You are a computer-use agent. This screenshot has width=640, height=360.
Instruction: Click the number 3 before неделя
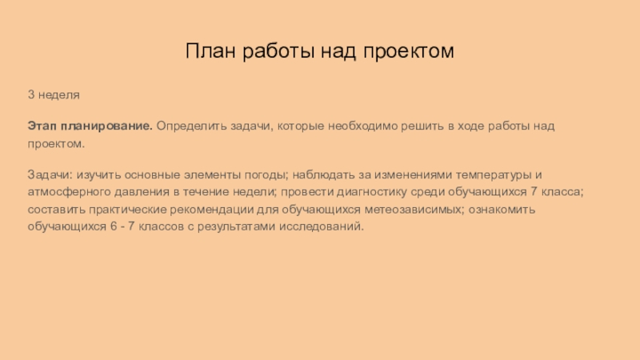pos(30,95)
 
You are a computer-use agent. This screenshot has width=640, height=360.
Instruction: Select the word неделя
pos(59,95)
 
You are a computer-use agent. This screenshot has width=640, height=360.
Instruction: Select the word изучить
pos(97,174)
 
